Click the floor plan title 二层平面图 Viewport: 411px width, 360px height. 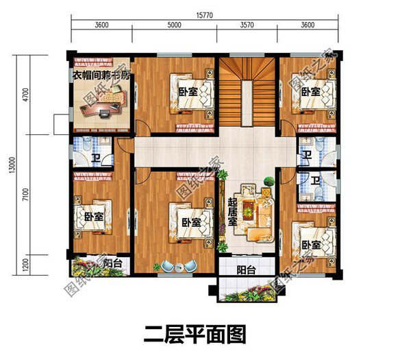[195, 336]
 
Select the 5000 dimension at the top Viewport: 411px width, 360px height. [174, 25]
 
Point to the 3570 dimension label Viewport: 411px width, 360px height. [247, 25]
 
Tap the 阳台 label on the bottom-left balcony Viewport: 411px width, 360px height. [113, 263]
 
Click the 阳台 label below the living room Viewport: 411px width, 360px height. [247, 270]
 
